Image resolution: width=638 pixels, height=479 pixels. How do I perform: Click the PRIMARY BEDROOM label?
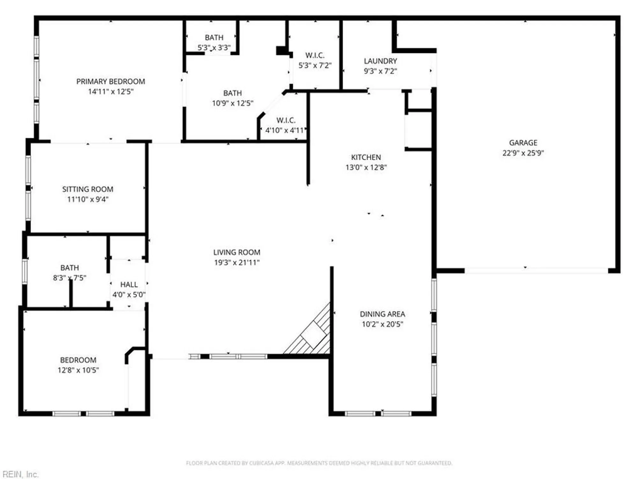(x=111, y=81)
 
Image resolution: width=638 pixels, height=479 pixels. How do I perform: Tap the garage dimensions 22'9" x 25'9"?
(x=523, y=153)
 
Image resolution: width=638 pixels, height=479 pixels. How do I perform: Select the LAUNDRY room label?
(x=380, y=61)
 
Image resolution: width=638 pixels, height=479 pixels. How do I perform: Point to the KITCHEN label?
(x=366, y=157)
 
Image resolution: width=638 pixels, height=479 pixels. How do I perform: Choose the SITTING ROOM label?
(x=88, y=189)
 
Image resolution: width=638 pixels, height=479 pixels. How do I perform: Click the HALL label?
(x=129, y=285)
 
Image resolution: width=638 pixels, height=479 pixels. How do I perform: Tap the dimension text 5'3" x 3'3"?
(x=214, y=48)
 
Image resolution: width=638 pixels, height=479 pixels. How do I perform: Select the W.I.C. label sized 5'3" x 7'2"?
(x=315, y=55)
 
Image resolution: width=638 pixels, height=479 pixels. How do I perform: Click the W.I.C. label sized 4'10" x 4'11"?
(x=286, y=120)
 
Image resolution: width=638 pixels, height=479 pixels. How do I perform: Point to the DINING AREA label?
(x=382, y=314)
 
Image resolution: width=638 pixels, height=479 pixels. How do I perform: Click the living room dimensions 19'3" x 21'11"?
(x=237, y=262)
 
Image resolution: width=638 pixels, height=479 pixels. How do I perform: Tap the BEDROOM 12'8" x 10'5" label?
(x=78, y=360)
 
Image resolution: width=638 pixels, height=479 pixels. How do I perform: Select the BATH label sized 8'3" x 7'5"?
(x=70, y=268)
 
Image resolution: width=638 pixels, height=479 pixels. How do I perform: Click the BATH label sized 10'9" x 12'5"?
(x=232, y=93)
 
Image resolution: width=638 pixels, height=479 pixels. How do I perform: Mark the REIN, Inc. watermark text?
(x=20, y=474)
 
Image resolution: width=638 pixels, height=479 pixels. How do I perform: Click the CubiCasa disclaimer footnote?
(x=319, y=463)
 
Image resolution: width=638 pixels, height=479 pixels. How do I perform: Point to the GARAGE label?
(x=523, y=143)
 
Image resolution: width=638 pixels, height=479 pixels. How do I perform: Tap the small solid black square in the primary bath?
(x=282, y=50)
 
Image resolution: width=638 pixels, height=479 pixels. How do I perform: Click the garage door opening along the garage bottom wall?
(x=536, y=271)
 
